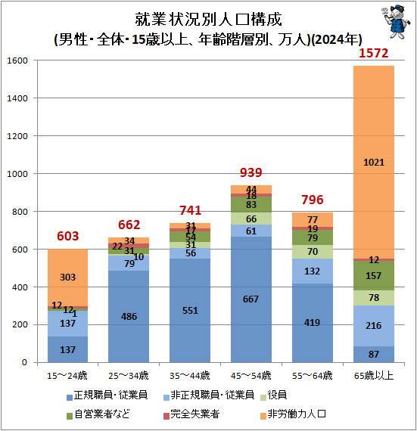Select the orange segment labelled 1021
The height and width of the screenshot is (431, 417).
click(x=374, y=162)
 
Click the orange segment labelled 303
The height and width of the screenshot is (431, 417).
click(x=68, y=278)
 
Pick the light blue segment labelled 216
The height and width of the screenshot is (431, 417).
click(x=374, y=325)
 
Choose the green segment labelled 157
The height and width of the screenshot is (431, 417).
click(x=374, y=276)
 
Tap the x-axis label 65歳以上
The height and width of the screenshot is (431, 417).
click(x=374, y=375)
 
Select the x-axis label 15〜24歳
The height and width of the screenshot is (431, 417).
click(x=68, y=375)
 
